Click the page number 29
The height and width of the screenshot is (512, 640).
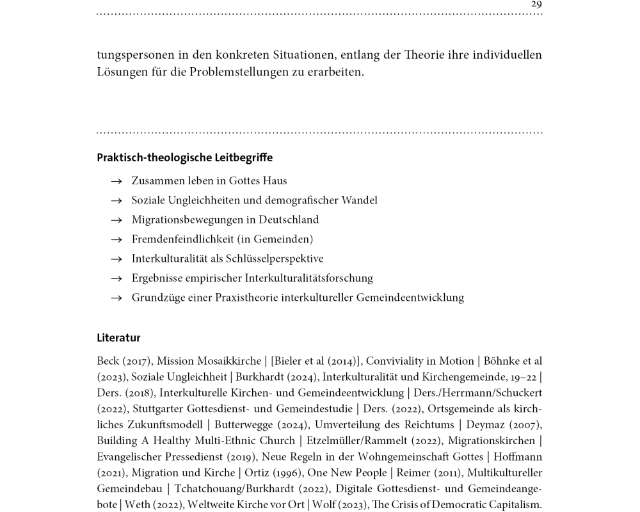(x=536, y=4)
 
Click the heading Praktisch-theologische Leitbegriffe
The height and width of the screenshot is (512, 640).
(x=184, y=157)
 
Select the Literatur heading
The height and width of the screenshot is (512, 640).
(x=118, y=338)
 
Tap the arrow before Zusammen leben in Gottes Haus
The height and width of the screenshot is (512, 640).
(x=116, y=182)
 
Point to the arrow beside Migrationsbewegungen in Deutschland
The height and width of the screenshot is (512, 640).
(x=116, y=221)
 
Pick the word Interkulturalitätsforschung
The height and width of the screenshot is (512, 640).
(x=308, y=278)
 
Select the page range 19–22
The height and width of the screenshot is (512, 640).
(x=523, y=378)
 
